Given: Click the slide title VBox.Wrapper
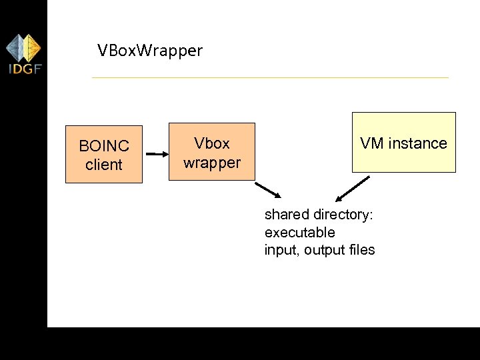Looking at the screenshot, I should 149,50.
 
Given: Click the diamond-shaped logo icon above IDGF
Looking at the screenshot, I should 23,47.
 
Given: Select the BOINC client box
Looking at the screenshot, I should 103,154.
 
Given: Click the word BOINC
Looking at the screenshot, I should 104,146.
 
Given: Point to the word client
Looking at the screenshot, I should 104,165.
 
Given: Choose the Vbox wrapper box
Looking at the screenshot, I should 212,151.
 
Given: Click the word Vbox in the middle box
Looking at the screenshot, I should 212,143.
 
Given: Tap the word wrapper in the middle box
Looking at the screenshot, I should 212,163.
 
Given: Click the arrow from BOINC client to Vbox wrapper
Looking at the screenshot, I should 157,154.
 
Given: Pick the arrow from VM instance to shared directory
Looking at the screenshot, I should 353,189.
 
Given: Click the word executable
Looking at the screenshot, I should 299,233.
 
